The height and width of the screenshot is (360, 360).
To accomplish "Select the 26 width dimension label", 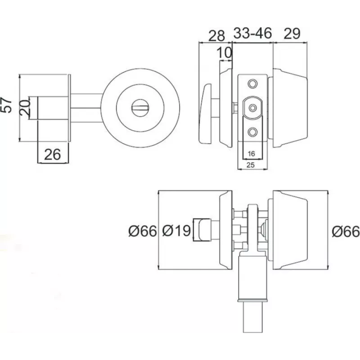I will (x=53, y=154).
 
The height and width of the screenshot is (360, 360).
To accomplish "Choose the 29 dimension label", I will (x=292, y=35).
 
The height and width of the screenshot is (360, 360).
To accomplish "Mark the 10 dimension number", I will (x=225, y=53).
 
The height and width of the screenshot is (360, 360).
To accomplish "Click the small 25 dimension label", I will (x=252, y=165).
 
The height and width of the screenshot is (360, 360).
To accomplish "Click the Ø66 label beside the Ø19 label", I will (x=142, y=231).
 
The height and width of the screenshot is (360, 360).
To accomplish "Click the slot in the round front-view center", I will (x=140, y=108).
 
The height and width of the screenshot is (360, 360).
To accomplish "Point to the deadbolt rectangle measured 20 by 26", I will (x=52, y=108).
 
